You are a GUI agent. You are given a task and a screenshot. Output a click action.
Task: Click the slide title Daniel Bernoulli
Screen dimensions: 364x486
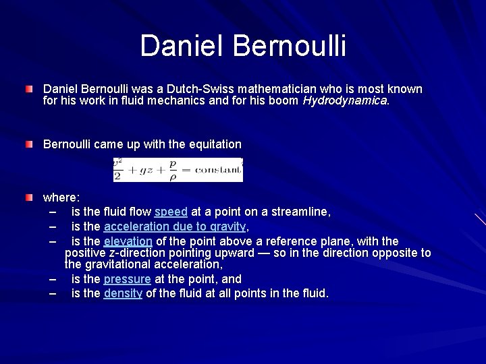coord(243,46)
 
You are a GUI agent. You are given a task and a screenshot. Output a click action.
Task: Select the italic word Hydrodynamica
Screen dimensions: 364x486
coord(345,101)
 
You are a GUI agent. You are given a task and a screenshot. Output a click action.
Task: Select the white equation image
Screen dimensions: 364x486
coord(178,169)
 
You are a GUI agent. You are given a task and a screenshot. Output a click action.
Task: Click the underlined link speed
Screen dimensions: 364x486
coord(171,212)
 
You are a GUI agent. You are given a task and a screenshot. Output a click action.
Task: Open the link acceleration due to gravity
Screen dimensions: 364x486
coord(175,226)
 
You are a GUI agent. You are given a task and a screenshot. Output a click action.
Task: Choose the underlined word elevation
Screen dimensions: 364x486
coord(128,241)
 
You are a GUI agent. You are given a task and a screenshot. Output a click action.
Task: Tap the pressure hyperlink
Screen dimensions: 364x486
coord(127,279)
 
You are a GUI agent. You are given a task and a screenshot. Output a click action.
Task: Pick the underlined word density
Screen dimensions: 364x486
coord(123,294)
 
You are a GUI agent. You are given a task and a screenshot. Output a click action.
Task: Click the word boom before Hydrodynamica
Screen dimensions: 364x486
coord(286,101)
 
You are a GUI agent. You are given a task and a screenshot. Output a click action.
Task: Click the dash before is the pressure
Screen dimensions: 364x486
coord(53,279)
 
